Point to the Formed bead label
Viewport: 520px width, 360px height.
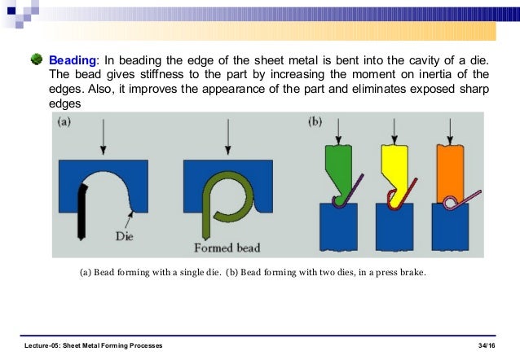pyautogui.click(x=227, y=247)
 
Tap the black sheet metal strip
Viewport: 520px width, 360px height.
pyautogui.click(x=82, y=210)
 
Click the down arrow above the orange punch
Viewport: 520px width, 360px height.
pyautogui.click(x=451, y=130)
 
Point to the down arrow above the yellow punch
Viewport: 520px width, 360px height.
pyautogui.click(x=394, y=130)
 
